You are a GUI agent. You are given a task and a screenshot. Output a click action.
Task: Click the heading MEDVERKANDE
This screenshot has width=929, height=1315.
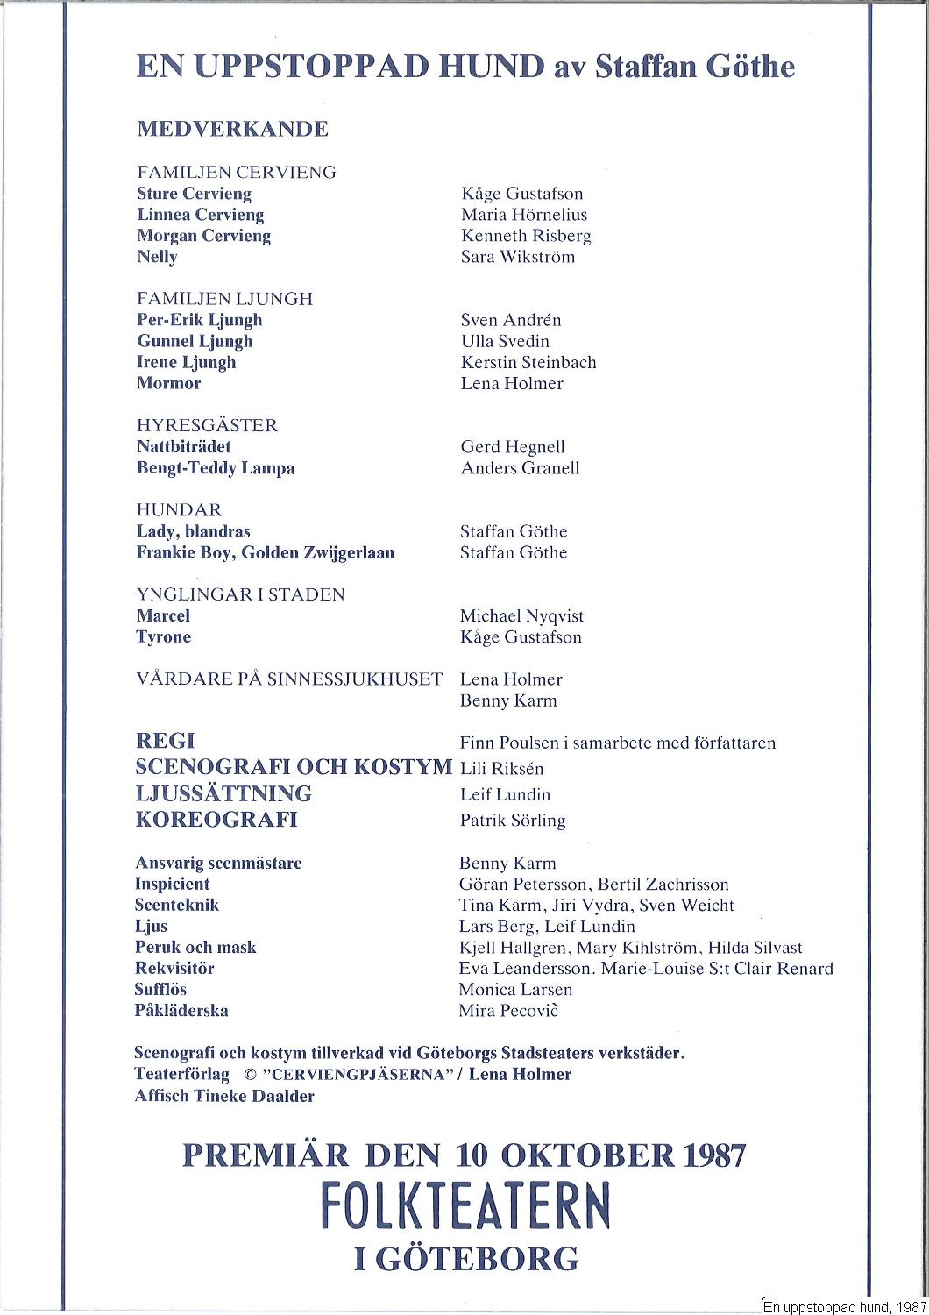coord(232,130)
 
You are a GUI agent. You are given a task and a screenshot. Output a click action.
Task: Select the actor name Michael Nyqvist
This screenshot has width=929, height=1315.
coord(521,616)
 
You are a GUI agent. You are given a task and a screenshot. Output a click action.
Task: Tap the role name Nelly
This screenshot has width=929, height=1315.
coord(157,257)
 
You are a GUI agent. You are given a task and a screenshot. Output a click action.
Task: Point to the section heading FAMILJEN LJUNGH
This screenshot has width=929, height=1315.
coord(224,299)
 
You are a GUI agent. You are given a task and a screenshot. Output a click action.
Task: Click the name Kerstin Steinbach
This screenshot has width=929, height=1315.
coord(528,362)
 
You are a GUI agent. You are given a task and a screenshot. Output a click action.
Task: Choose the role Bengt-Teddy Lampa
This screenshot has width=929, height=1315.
coord(216,468)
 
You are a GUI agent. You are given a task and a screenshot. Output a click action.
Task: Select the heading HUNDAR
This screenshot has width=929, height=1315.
coord(179,510)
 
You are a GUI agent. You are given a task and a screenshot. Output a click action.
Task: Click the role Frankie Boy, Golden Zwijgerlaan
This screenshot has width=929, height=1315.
coord(265,553)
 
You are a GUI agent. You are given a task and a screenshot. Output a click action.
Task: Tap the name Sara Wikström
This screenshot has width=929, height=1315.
coord(517,257)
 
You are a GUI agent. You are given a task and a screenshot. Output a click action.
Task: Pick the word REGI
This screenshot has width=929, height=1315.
coord(165,742)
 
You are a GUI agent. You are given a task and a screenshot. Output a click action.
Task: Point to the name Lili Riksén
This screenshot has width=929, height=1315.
coord(501,769)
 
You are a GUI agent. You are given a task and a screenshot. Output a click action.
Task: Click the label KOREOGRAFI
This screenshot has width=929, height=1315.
coord(216,820)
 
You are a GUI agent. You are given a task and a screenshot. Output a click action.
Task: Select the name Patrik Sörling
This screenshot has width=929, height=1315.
coord(513,821)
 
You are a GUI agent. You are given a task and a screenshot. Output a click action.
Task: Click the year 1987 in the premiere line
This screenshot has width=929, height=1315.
coord(712,1155)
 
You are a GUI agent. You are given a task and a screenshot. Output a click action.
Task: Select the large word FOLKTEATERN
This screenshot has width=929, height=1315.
coord(464,1207)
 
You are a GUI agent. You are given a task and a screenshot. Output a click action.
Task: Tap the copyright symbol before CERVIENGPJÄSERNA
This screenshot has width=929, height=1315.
coord(249,1075)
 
